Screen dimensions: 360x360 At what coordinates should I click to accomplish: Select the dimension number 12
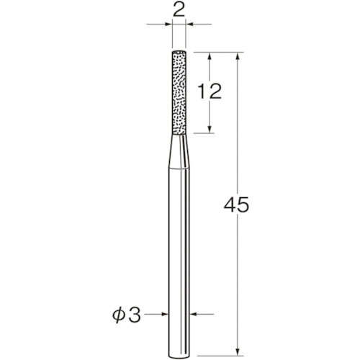[209, 91]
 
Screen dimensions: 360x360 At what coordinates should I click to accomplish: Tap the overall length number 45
[237, 205]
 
